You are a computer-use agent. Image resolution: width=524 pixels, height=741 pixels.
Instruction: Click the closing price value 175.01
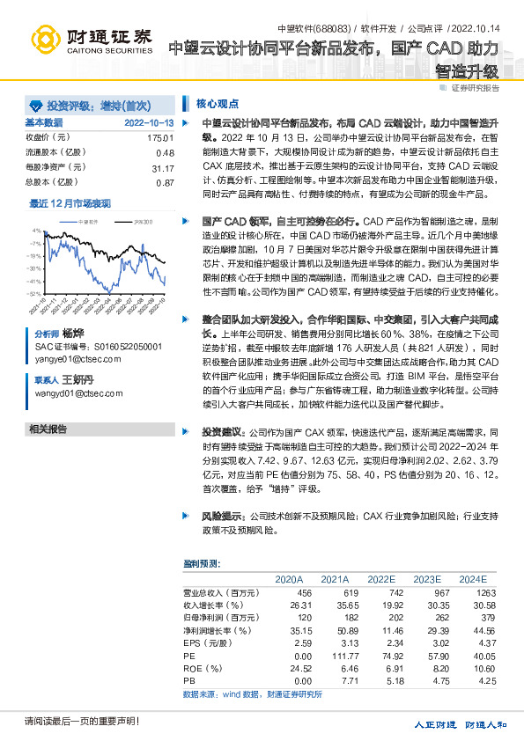(160, 138)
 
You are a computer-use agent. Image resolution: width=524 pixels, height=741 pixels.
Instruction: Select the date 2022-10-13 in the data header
(149, 122)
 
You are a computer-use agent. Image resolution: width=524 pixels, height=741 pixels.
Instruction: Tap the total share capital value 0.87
(164, 182)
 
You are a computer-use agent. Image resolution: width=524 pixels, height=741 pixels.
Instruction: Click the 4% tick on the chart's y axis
(35, 231)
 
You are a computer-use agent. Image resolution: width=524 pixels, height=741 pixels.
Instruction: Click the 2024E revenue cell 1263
(473, 593)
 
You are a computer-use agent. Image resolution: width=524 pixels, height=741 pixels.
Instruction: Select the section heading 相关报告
(48, 429)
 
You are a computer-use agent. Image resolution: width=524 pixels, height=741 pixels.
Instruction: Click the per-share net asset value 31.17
(162, 167)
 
